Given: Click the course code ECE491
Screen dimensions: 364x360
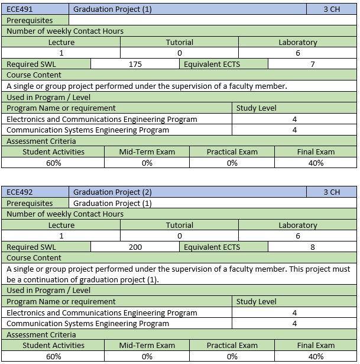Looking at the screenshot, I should click(x=20, y=9).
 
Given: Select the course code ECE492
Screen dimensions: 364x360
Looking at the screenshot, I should click(x=20, y=192).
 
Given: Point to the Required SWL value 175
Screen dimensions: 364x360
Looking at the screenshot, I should click(x=135, y=65).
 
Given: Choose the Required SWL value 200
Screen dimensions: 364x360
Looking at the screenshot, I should click(x=135, y=247).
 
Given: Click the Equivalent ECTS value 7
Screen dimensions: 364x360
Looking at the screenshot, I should click(x=313, y=65).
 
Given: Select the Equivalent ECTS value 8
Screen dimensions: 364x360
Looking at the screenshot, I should click(x=313, y=247).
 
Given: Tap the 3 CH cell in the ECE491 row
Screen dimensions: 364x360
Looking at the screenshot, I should click(x=332, y=9).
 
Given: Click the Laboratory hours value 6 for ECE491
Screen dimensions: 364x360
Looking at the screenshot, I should click(x=298, y=53).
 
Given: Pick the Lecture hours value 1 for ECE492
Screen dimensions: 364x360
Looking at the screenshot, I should click(x=61, y=236).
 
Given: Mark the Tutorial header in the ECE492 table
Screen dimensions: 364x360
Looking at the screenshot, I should click(x=180, y=226).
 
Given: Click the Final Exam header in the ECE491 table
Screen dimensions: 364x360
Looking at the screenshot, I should click(x=316, y=152).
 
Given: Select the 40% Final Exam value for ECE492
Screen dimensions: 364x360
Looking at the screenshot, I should click(x=316, y=356).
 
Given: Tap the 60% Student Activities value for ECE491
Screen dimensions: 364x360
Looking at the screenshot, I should click(x=53, y=163).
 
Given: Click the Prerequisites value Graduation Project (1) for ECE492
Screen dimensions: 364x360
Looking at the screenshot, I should click(x=112, y=204).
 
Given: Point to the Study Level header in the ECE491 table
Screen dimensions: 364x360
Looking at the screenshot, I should click(x=256, y=108).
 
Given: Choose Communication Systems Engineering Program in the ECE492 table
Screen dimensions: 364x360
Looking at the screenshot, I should click(x=87, y=324).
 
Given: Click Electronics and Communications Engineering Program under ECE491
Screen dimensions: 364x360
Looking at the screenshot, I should click(x=102, y=120).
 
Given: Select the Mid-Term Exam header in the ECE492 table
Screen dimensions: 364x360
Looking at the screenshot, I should click(x=147, y=346).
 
